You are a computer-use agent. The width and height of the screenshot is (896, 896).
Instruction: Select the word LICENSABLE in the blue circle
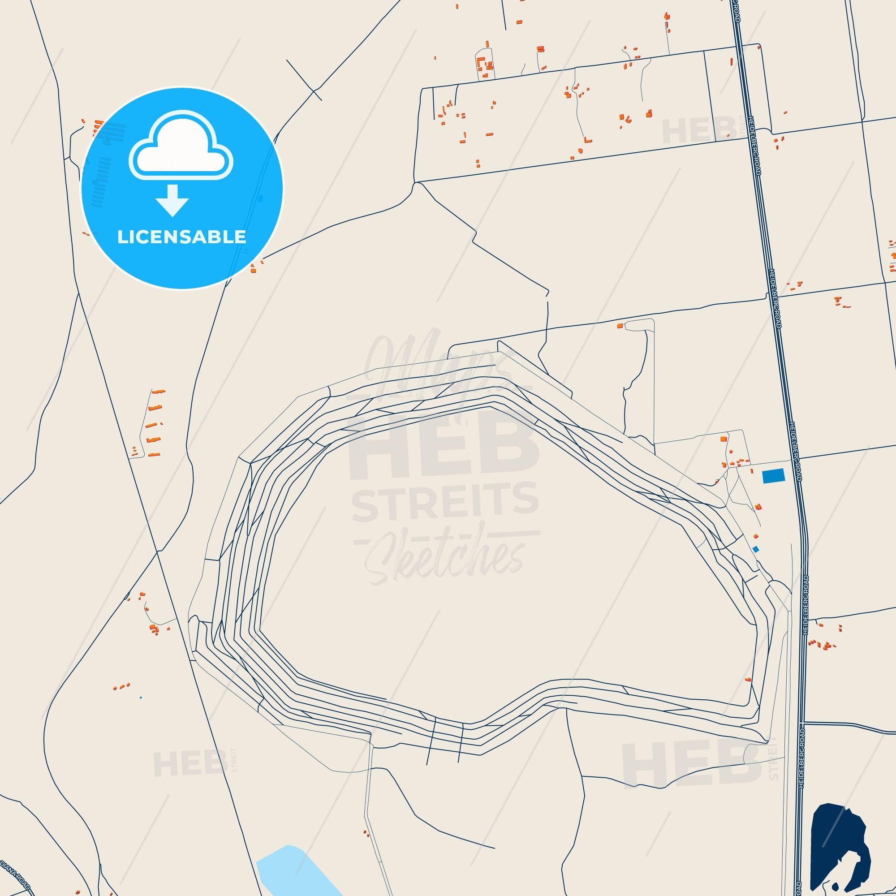click(x=182, y=237)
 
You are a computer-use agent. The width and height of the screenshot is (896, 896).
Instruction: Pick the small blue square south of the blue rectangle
click(x=756, y=549)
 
